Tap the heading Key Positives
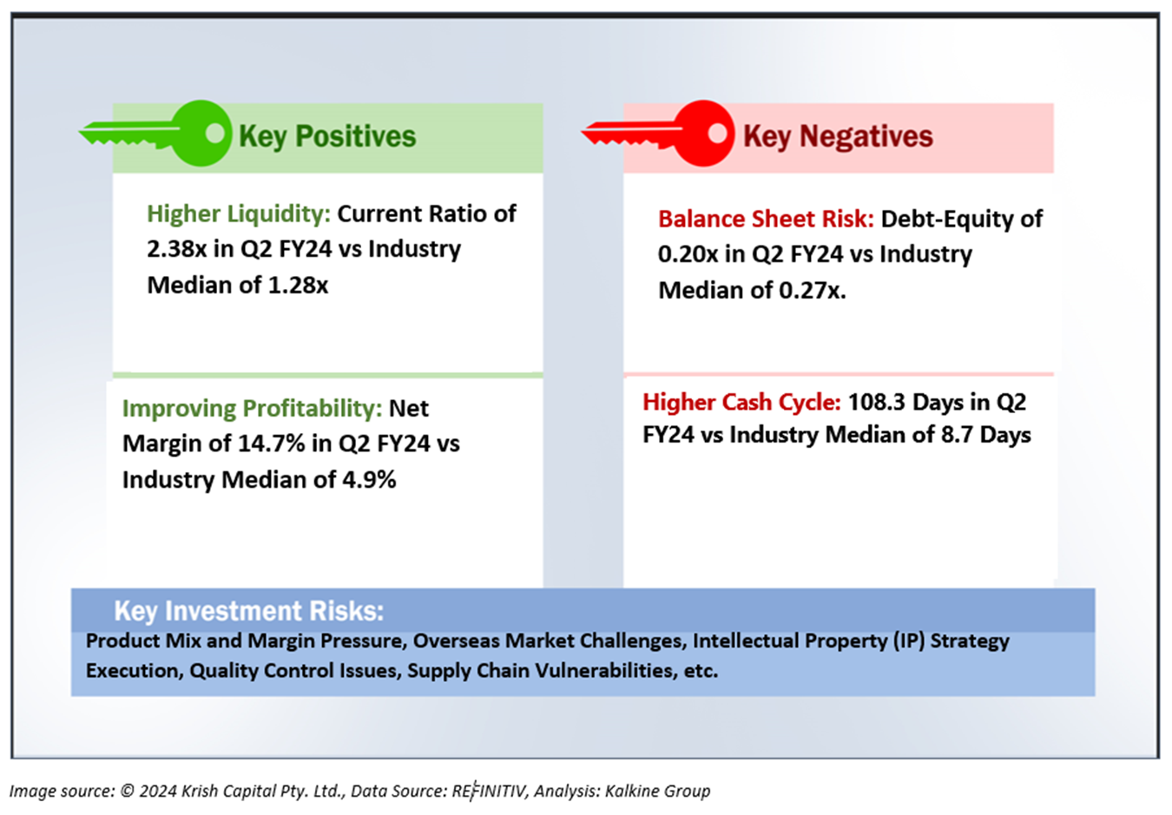click(327, 136)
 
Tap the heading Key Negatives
click(838, 136)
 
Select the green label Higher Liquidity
click(238, 214)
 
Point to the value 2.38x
click(177, 249)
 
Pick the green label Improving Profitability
click(252, 408)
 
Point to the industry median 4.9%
click(370, 479)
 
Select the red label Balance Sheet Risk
click(765, 219)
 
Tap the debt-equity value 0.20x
click(688, 254)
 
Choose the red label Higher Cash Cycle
click(741, 402)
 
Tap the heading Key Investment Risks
click(248, 611)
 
